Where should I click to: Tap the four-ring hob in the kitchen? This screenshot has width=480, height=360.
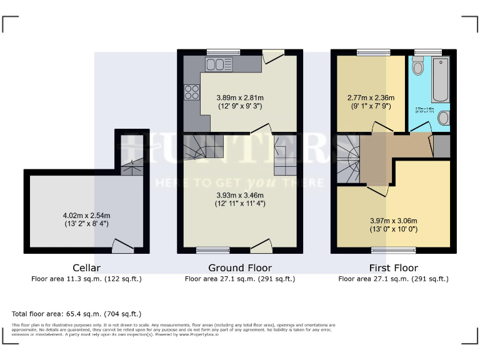coord(192,92)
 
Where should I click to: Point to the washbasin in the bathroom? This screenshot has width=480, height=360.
coord(443,117)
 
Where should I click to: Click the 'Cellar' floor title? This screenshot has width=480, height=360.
coord(86,268)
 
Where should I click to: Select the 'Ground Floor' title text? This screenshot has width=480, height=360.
coord(239,268)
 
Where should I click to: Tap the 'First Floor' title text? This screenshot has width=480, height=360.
coord(392,268)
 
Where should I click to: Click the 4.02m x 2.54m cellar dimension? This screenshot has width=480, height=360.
coord(86,220)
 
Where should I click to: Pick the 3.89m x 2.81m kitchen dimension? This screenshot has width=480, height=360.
coord(239,102)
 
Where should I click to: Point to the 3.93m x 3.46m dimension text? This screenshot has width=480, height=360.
coord(239,199)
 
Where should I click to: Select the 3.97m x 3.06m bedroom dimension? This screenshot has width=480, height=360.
coord(392,224)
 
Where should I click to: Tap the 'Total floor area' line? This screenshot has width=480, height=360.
coord(77,313)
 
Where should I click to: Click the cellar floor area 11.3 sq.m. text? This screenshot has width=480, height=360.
coord(86,279)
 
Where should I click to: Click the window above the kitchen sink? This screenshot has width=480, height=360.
coord(219,52)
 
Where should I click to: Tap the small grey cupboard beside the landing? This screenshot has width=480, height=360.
coord(441,146)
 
